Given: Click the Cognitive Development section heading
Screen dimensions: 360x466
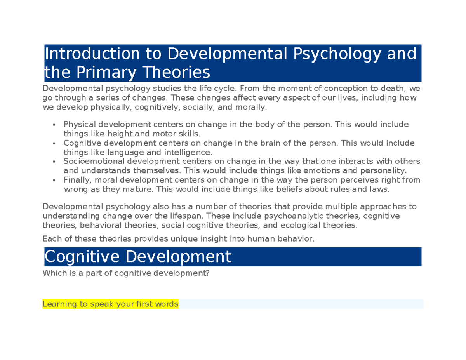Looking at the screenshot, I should click(x=138, y=256).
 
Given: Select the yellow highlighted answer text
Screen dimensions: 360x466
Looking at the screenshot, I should click(x=110, y=304).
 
